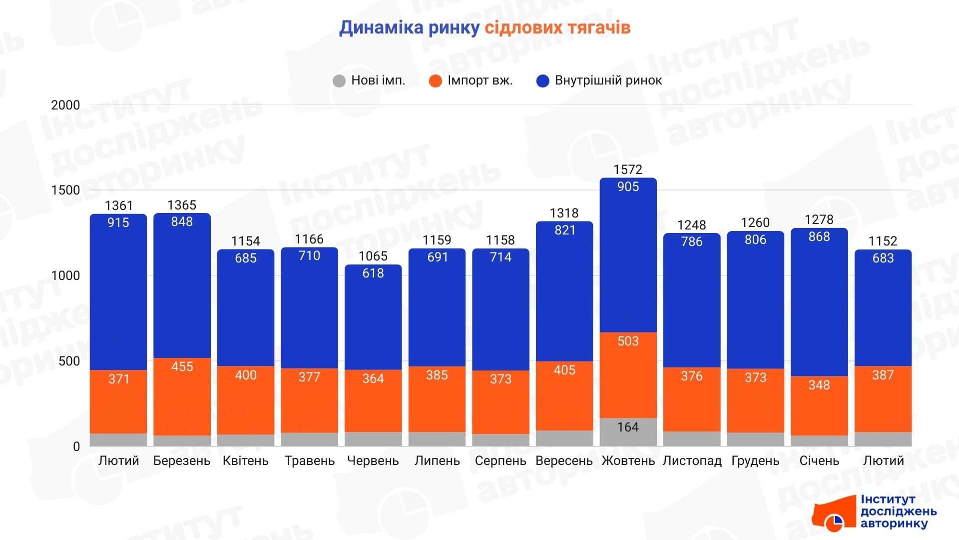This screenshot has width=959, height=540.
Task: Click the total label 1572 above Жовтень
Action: pyautogui.click(x=628, y=169)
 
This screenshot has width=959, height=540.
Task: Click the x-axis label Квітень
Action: pyautogui.click(x=245, y=460)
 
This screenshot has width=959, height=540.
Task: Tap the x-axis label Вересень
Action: pyautogui.click(x=564, y=460)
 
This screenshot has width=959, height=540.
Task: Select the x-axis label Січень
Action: pyautogui.click(x=819, y=460)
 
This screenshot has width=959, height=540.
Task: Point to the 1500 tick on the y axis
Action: pyautogui.click(x=65, y=190)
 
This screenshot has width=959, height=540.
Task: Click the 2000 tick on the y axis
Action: pyautogui.click(x=65, y=105)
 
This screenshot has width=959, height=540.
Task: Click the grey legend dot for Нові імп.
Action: pyautogui.click(x=339, y=81)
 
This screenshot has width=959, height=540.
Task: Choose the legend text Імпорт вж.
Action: pyautogui.click(x=480, y=80)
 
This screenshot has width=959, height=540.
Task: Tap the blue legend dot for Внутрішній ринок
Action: pyautogui.click(x=542, y=81)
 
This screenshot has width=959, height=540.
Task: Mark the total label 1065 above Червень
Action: pyautogui.click(x=373, y=256)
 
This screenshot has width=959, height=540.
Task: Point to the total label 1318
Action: pyautogui.click(x=564, y=213)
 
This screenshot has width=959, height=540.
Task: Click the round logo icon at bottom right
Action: pyautogui.click(x=834, y=522)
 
